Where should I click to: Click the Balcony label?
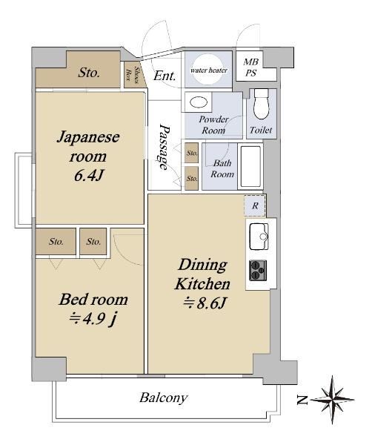coord(163,398)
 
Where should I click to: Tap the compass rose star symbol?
coord(333,400)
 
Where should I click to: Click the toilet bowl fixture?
coord(261,104)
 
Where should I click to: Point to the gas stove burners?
coord(258,271)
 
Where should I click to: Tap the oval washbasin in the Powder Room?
coord(198,102)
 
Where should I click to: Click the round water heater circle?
coord(209,70)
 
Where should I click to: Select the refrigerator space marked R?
coord(255,205)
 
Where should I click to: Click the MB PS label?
coord(251,67)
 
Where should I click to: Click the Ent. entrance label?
coord(165,76)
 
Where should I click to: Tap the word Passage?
coord(164,147)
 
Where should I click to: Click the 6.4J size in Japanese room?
coord(88,175)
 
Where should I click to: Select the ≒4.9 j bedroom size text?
coord(93,319)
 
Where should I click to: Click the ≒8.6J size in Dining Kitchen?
coord(204,303)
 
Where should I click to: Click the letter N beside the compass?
coord(302,400)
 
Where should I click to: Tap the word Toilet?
coord(261,130)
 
